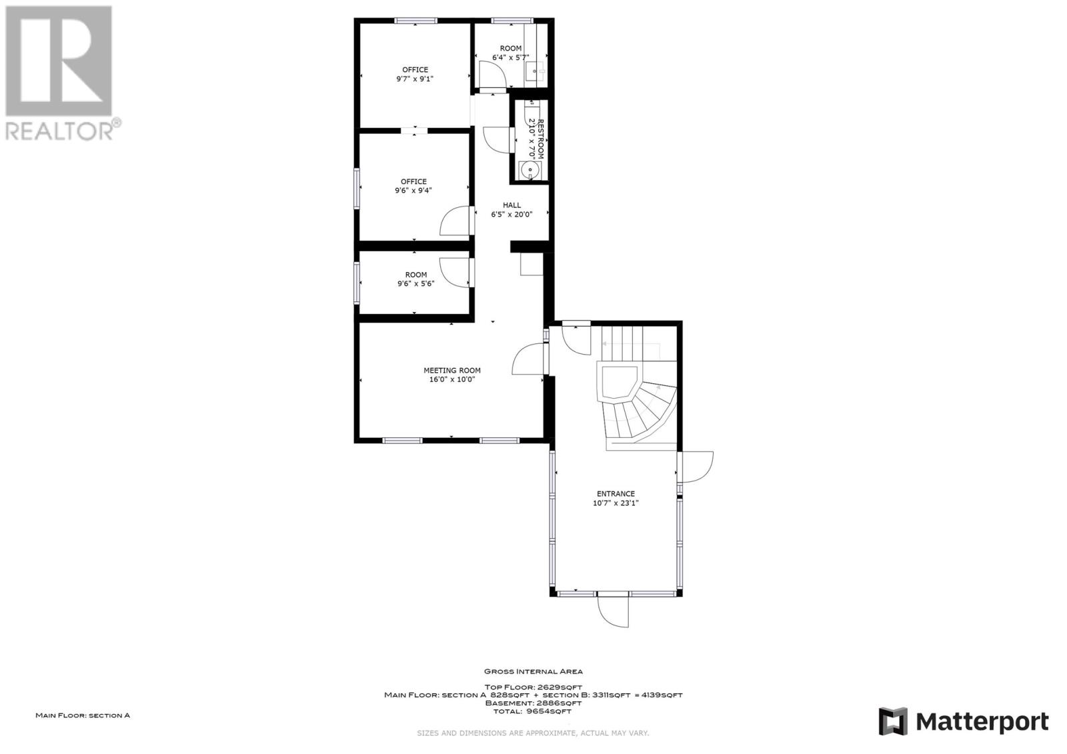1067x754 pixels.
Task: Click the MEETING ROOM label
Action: (451, 370)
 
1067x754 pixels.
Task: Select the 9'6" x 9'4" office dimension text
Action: (413, 191)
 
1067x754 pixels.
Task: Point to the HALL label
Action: (511, 205)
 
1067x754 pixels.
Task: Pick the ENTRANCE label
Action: (616, 494)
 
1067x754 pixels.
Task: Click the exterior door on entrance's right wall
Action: (697, 467)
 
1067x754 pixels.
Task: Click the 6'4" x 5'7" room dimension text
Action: (511, 57)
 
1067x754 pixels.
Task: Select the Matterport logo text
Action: (982, 721)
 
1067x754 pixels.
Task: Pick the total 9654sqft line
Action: (533, 711)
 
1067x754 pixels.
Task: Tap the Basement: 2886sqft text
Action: (533, 703)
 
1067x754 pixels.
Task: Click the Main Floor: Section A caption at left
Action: (83, 715)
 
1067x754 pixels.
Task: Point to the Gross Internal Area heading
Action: (533, 671)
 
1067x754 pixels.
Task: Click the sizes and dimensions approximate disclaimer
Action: (533, 733)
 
